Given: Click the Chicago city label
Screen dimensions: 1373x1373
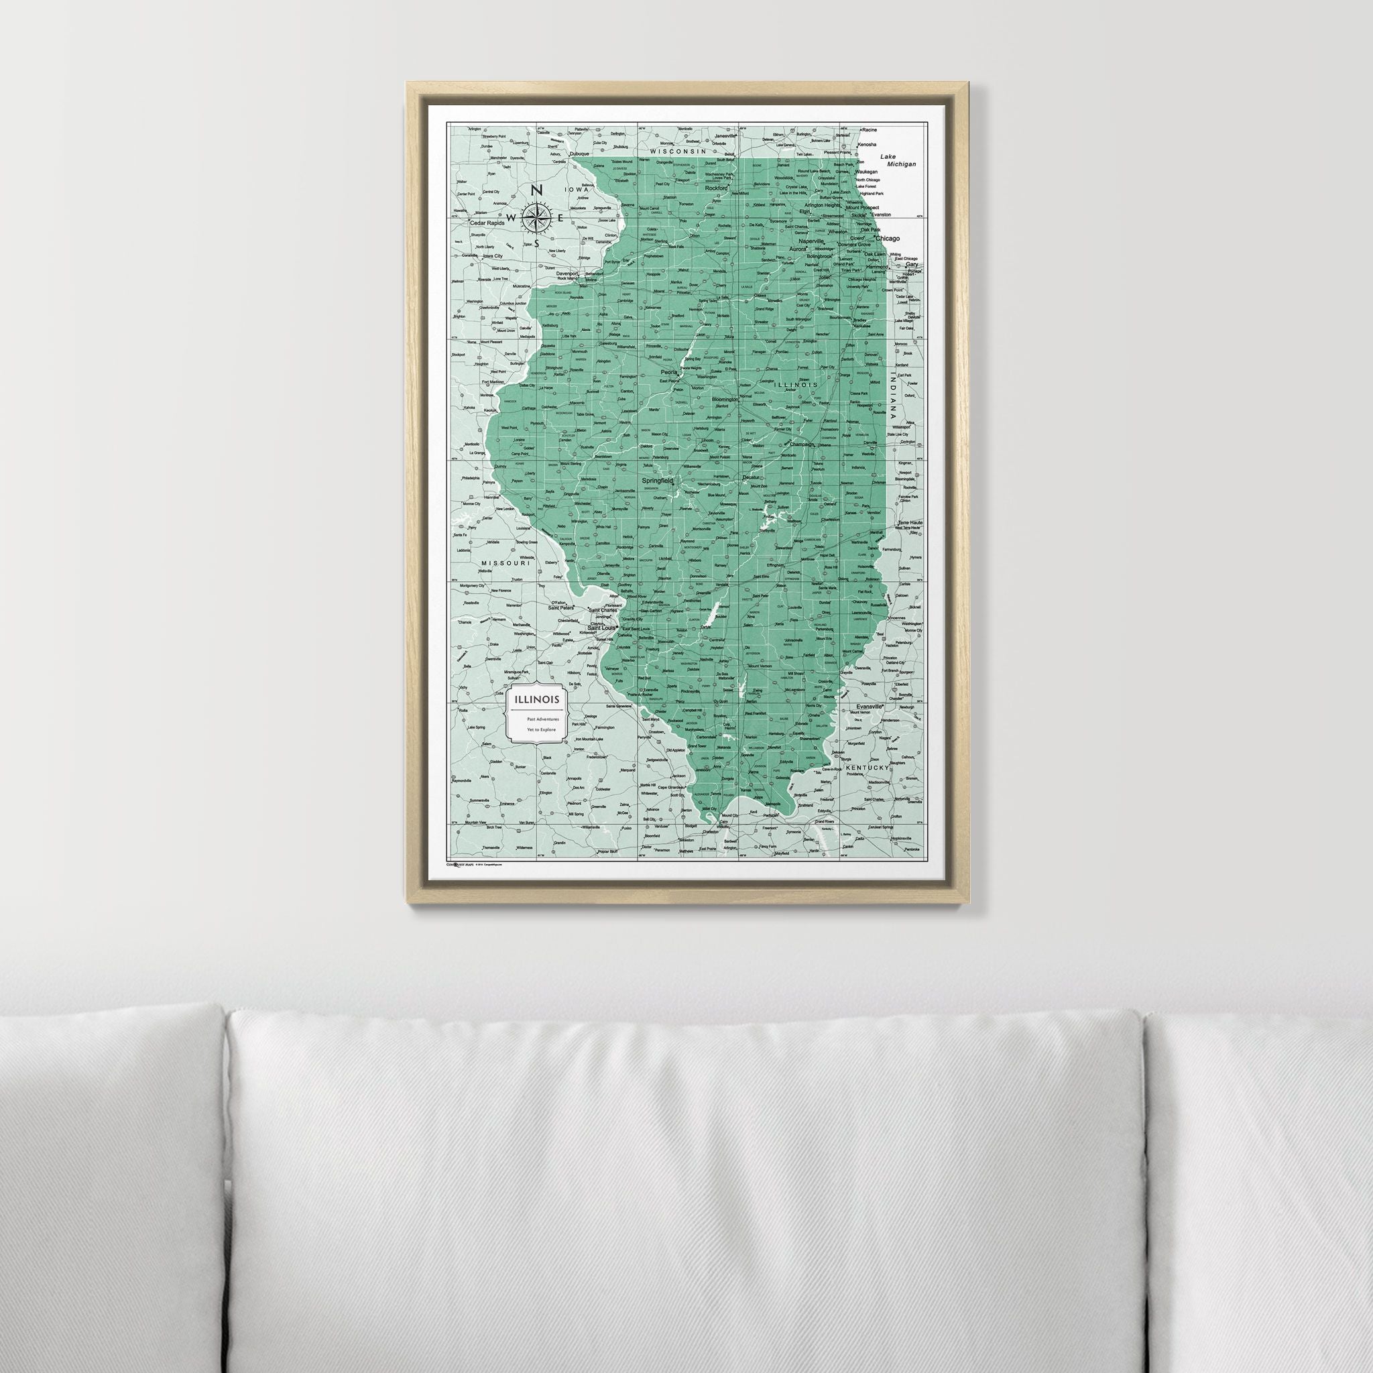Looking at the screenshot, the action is pos(888,239).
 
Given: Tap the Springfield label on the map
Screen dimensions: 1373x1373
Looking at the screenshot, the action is pos(658,481).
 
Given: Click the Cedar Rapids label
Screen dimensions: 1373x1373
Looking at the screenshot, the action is pos(487,223).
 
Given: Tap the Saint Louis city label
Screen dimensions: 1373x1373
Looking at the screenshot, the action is pos(602,628).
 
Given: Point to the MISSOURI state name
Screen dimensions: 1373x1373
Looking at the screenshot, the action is pos(506,563).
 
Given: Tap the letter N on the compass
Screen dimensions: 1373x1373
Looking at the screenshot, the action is pos(538,190).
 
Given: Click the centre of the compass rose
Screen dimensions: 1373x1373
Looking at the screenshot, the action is pos(538,217).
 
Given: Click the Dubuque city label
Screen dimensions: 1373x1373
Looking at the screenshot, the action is pos(580,154).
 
